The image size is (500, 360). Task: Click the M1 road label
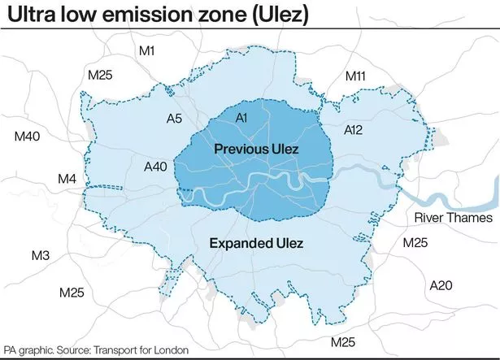tap(146, 51)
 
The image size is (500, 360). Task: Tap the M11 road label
tap(356, 76)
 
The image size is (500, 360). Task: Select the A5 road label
tap(174, 119)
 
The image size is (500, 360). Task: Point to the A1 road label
tap(241, 119)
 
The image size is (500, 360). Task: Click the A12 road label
tap(354, 129)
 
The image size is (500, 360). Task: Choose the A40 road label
tap(155, 167)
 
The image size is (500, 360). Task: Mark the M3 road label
tap(40, 257)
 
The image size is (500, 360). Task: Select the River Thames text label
tap(454, 218)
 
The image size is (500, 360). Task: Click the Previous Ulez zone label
tap(256, 150)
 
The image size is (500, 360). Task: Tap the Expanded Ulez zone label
tap(256, 244)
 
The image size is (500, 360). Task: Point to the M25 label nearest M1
tap(101, 76)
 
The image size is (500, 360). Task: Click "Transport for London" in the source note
tap(143, 350)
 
